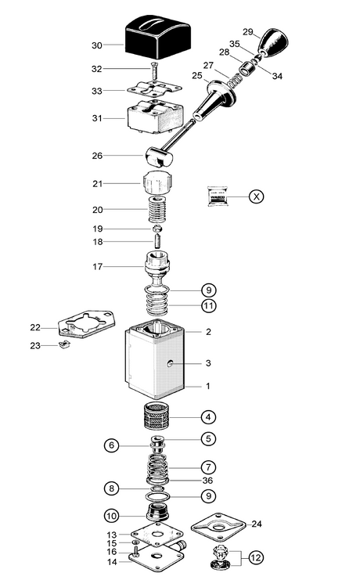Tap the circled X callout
click(257, 196)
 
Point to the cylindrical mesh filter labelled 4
click(157, 416)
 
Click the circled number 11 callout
click(209, 306)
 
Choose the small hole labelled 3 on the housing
click(171, 364)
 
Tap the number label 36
click(207, 480)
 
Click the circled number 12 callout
click(256, 557)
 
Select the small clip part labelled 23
click(64, 345)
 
